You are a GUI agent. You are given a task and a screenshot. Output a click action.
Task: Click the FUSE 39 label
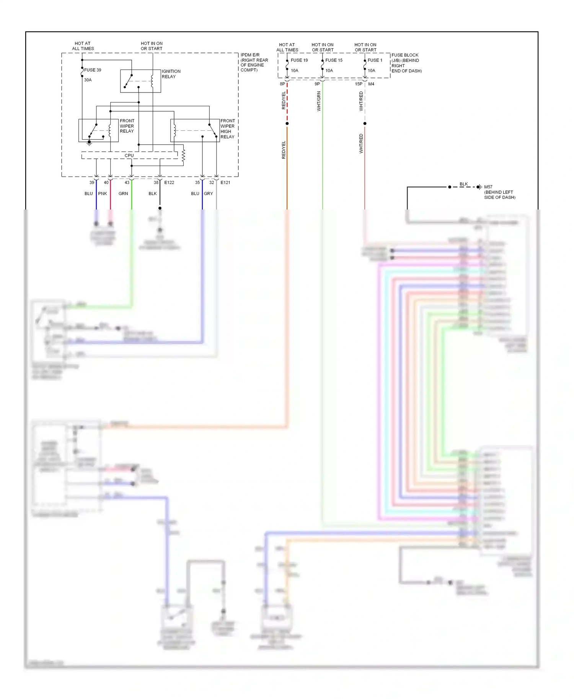(x=93, y=70)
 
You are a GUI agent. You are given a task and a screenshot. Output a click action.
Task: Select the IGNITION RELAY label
(x=171, y=74)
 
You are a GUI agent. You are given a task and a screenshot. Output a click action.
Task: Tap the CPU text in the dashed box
(x=129, y=156)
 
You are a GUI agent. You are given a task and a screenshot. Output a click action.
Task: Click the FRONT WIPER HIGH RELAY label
(x=228, y=128)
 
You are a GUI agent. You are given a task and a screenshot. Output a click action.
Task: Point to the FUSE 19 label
(x=299, y=60)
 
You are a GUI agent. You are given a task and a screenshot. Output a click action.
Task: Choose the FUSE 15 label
(x=334, y=60)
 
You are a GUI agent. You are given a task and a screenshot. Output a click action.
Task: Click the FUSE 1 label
(x=375, y=60)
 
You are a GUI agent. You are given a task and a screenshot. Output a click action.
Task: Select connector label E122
(x=169, y=182)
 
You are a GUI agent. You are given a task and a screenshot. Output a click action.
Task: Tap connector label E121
(x=225, y=182)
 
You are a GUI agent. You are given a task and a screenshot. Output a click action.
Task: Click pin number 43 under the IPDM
(x=127, y=182)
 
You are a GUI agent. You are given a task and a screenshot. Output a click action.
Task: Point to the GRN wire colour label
(x=123, y=193)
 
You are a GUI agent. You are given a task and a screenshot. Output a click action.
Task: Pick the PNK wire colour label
(x=103, y=193)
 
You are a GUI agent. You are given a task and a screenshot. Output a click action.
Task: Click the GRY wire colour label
(x=208, y=193)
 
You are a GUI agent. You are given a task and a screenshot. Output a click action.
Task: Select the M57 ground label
(x=488, y=187)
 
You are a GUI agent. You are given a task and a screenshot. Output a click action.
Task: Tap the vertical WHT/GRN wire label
(x=319, y=101)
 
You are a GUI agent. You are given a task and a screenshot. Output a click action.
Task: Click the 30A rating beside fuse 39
(x=88, y=80)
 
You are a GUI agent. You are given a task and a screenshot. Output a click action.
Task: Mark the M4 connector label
(x=371, y=84)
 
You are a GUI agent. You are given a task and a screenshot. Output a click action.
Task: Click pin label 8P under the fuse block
(x=282, y=84)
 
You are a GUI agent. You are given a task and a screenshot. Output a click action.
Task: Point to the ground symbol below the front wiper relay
(x=89, y=143)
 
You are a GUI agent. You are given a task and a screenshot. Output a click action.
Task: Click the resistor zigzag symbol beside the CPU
(x=183, y=155)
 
